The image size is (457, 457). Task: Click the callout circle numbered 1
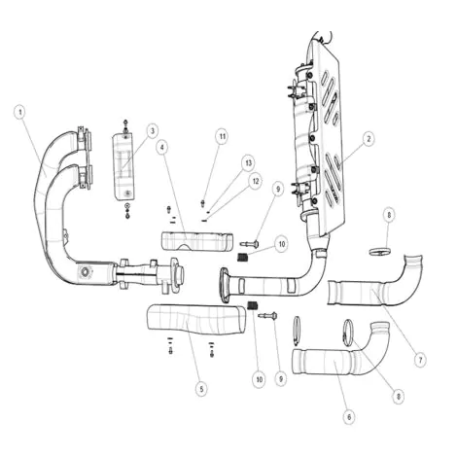pyautogui.click(x=20, y=113)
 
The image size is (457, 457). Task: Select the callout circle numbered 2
pyautogui.click(x=369, y=139)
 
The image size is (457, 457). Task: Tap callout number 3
pyautogui.click(x=152, y=131)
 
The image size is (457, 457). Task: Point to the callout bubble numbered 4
pyautogui.click(x=162, y=148)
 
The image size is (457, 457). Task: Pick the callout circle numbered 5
pyautogui.click(x=201, y=388)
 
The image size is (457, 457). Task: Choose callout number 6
pyautogui.click(x=349, y=417)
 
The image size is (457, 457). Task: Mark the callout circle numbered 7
pyautogui.click(x=420, y=360)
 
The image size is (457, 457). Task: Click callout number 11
pyautogui.click(x=223, y=136)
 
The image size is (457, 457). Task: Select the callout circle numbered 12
pyautogui.click(x=256, y=182)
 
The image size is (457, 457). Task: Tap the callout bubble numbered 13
pyautogui.click(x=248, y=162)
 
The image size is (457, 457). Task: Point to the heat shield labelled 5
pyautogui.click(x=196, y=319)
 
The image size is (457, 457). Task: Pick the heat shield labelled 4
pyautogui.click(x=197, y=241)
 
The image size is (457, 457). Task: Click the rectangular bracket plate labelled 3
pyautogui.click(x=123, y=166)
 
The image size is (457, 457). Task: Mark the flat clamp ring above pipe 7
pyautogui.click(x=380, y=251)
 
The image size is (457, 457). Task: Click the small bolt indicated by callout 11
pyautogui.click(x=203, y=203)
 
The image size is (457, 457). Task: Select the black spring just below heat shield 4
pyautogui.click(x=243, y=257)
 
